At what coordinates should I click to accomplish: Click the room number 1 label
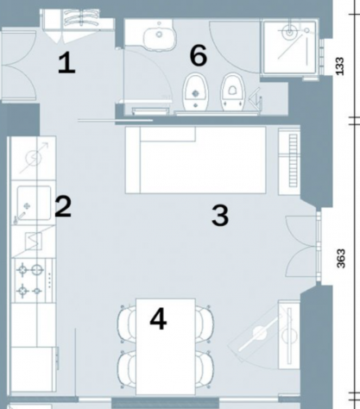66,63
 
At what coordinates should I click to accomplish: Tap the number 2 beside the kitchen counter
63,206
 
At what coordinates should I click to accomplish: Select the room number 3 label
220,216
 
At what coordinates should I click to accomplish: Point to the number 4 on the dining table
158,318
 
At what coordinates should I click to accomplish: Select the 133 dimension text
340,66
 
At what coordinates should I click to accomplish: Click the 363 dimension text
340,259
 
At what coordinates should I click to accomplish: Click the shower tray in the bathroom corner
289,47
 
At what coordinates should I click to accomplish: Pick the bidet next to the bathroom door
196,92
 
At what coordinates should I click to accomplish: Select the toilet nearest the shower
233,92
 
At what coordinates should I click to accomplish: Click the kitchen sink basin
34,203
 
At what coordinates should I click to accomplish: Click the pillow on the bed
167,134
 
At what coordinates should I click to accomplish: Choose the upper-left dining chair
127,324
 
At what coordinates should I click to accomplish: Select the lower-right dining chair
205,369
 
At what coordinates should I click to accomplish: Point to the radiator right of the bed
289,160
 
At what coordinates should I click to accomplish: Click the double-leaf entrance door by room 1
19,66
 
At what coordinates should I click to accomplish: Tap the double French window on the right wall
302,247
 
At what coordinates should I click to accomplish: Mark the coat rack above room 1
77,20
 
